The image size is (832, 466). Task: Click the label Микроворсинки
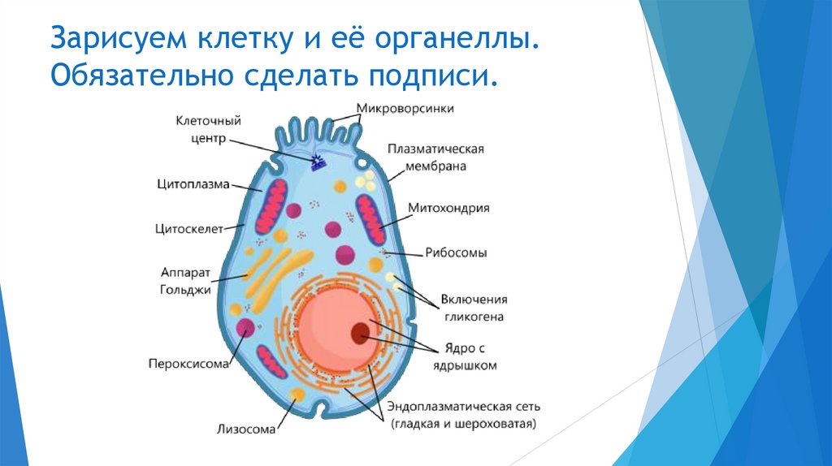pyautogui.click(x=405, y=108)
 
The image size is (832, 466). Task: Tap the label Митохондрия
pyautogui.click(x=448, y=208)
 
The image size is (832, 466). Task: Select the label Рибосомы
pyautogui.click(x=456, y=252)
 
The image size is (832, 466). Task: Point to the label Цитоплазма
pyautogui.click(x=193, y=184)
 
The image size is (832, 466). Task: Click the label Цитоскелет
pyautogui.click(x=188, y=229)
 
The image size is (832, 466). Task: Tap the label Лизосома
pyautogui.click(x=245, y=428)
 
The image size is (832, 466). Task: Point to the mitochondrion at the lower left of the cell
pyautogui.click(x=272, y=361)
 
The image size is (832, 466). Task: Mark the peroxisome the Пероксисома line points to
pyautogui.click(x=245, y=328)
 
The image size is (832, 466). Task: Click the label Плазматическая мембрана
pyautogui.click(x=435, y=157)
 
